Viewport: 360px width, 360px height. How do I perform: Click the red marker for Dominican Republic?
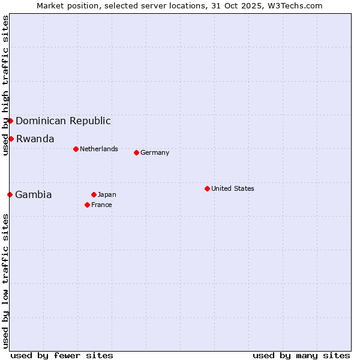click(10, 121)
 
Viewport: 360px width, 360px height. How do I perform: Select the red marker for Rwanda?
click(11, 139)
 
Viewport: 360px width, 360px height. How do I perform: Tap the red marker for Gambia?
click(10, 194)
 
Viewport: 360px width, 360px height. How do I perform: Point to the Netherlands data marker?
click(76, 149)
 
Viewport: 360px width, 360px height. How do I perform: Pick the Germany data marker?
click(136, 152)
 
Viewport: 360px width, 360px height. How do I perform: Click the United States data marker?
click(207, 188)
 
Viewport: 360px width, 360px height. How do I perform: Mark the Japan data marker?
click(94, 194)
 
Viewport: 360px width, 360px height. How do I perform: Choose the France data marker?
click(87, 205)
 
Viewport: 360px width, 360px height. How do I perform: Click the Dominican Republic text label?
click(63, 121)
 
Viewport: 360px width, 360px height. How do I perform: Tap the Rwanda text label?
click(35, 139)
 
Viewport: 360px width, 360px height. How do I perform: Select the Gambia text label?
click(34, 194)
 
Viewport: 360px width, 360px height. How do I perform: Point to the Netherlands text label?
click(99, 149)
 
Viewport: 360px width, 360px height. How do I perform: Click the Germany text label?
click(155, 152)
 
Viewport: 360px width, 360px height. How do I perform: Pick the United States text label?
click(233, 188)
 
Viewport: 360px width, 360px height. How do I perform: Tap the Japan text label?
click(107, 194)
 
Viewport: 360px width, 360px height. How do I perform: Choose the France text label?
click(101, 205)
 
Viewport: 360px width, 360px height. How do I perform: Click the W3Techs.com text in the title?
click(295, 5)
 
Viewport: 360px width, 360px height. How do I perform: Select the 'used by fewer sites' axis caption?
click(62, 355)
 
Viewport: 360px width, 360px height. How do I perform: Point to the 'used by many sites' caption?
click(301, 355)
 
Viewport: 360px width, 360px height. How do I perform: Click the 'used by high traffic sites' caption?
click(5, 85)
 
